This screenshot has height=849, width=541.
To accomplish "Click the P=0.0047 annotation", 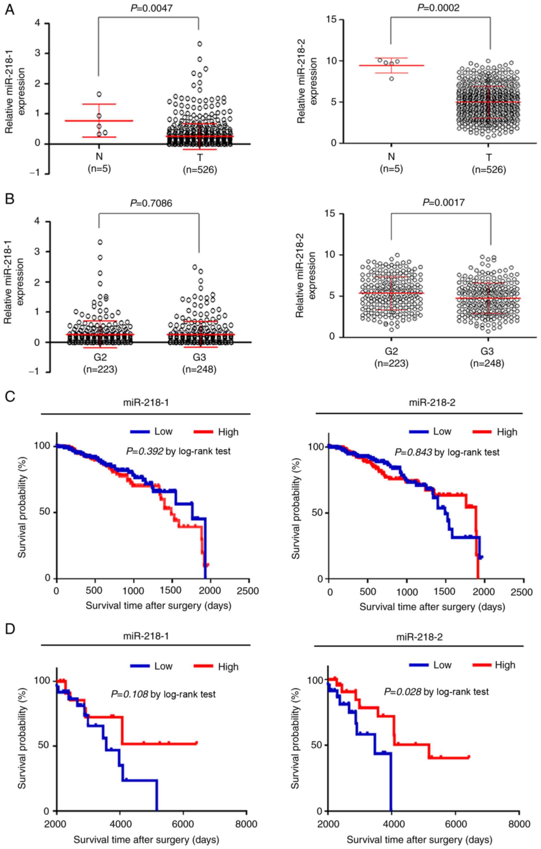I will (x=152, y=8).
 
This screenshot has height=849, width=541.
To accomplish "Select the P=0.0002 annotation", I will (x=438, y=8).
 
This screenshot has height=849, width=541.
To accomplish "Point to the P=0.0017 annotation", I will (x=444, y=202).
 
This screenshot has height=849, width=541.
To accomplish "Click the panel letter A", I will (x=10, y=10).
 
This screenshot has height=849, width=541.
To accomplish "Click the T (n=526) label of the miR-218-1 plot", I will (x=200, y=164).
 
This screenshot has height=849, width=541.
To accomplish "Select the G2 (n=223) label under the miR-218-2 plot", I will (x=391, y=357).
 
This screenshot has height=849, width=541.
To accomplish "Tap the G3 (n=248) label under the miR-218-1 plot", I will (x=199, y=363).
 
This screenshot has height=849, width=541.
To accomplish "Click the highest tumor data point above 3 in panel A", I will (x=200, y=44).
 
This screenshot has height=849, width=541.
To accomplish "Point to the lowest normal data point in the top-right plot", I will (x=392, y=78).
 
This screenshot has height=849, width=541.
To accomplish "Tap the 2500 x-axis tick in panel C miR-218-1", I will (x=247, y=591).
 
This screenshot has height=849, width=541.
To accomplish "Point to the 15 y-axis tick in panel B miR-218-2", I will (x=331, y=214).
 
